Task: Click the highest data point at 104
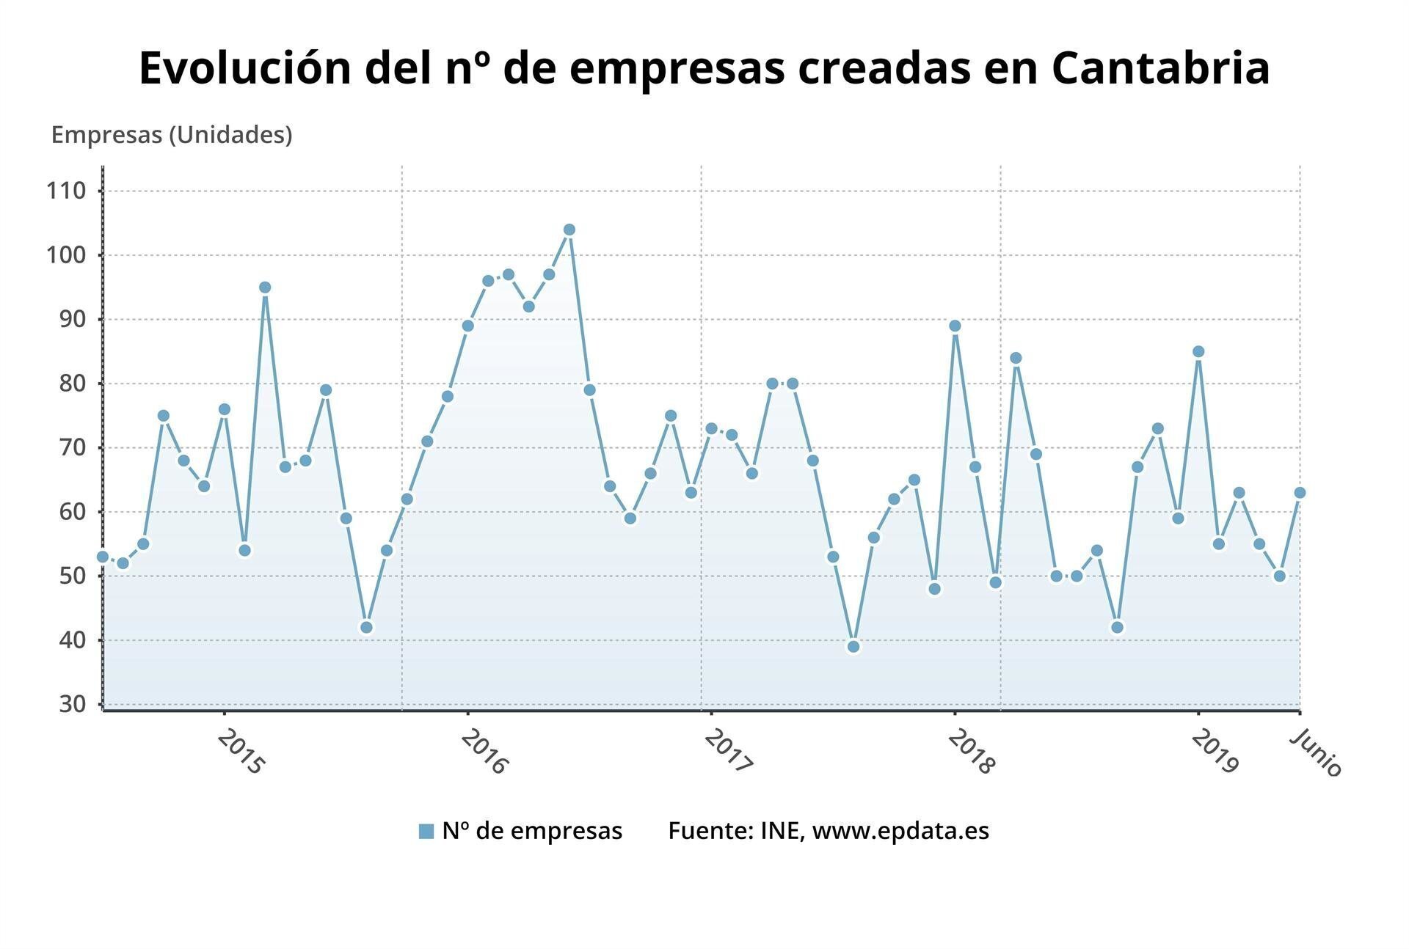tap(569, 230)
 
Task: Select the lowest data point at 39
tap(853, 646)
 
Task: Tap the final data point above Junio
tap(1300, 493)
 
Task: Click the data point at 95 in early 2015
tap(265, 287)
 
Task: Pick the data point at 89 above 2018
tap(955, 326)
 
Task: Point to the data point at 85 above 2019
tap(1198, 351)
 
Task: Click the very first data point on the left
tap(103, 557)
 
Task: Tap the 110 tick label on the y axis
tap(66, 191)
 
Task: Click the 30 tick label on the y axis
tap(73, 704)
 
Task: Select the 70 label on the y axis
tap(73, 447)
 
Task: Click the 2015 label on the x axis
tap(241, 752)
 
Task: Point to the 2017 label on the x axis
tap(728, 752)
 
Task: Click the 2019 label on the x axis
tap(1215, 752)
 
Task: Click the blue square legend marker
tap(426, 831)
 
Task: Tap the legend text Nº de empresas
tap(532, 831)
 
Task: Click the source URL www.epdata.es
tap(900, 831)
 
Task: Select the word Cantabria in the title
tap(1160, 68)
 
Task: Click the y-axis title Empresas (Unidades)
tap(172, 135)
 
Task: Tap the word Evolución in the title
tap(245, 68)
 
